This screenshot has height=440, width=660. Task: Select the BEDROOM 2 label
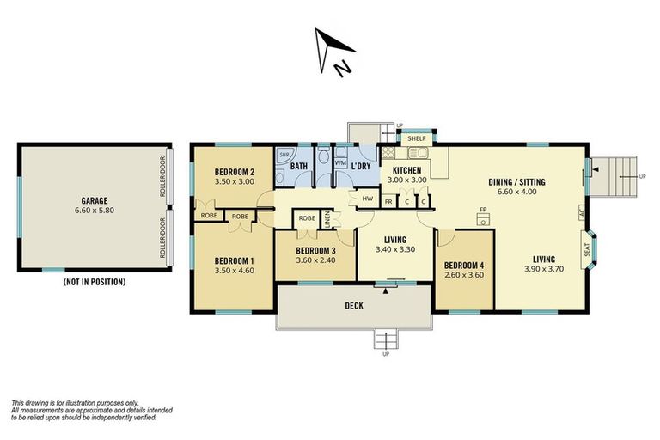[x=234, y=171]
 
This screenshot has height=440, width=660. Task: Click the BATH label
[x=299, y=166]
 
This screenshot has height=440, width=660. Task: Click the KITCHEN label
[x=406, y=170]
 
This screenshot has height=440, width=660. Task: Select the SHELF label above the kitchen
[x=417, y=137]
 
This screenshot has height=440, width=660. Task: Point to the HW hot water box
[x=367, y=199]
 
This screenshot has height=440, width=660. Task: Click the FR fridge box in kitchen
[x=389, y=201]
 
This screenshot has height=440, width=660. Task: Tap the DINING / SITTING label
[x=516, y=181]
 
